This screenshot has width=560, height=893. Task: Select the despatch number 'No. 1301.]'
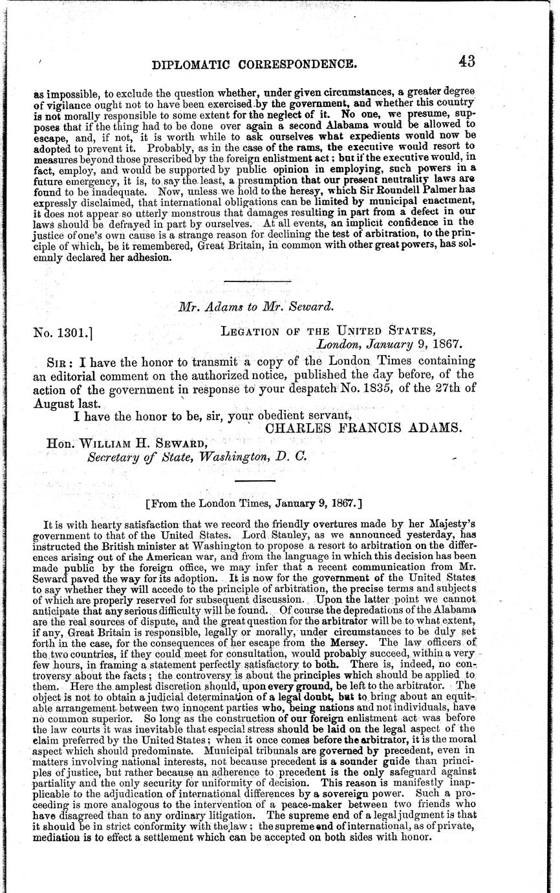pos(65,334)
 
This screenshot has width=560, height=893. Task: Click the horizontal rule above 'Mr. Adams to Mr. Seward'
pos(257,280)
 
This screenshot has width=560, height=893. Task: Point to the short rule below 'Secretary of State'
pos(256,480)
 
